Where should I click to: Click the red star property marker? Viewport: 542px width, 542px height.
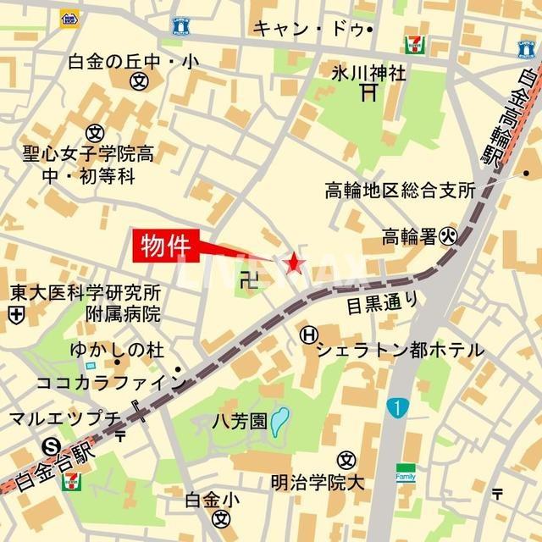point(294,263)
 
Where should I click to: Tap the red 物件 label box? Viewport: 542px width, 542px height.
point(165,246)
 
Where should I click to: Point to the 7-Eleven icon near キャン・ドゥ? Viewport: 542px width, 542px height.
point(415,43)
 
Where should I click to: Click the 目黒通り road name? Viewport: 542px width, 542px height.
point(382,301)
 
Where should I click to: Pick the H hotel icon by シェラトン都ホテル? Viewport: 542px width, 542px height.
point(307,335)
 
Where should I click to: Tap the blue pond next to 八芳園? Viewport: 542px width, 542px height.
point(279,421)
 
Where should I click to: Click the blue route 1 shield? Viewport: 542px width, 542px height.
point(395,409)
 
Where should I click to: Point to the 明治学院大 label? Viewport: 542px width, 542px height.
point(317,483)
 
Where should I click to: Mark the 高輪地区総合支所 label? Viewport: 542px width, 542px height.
point(400,191)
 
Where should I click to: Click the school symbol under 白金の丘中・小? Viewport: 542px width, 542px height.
point(139,82)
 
